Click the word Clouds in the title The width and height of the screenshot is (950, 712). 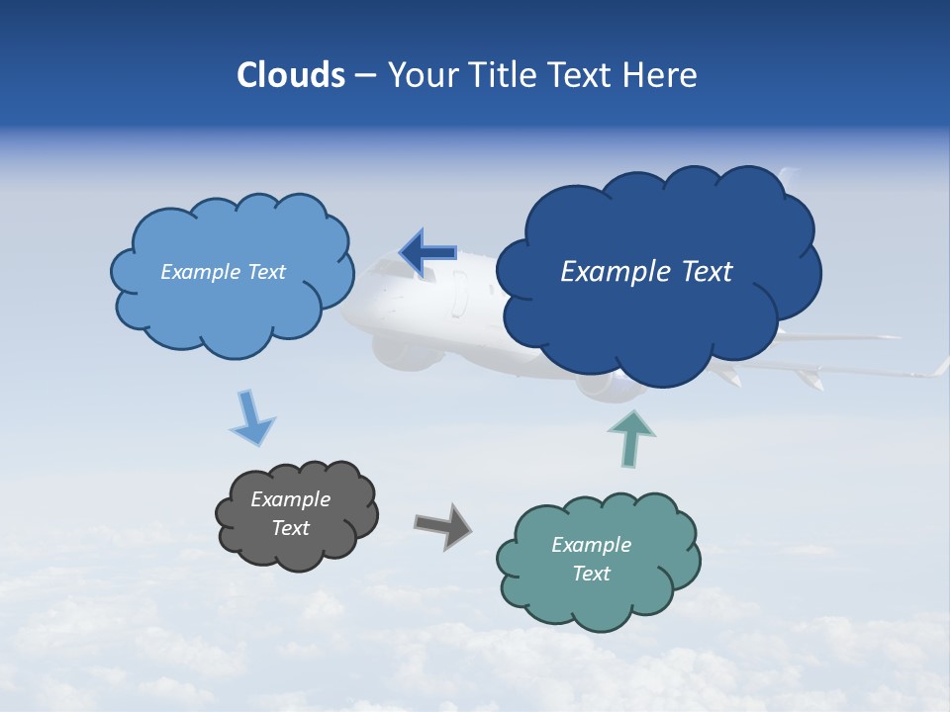point(291,75)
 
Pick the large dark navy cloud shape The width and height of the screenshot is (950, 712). point(658,326)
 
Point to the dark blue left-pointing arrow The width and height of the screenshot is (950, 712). point(427,254)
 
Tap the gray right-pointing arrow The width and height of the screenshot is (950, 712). point(442,525)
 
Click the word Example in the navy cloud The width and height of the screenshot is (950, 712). point(612,272)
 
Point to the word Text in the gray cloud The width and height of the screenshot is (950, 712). point(291,528)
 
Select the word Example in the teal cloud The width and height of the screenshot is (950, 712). point(591,545)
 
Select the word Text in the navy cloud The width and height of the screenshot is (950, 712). point(705,272)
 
